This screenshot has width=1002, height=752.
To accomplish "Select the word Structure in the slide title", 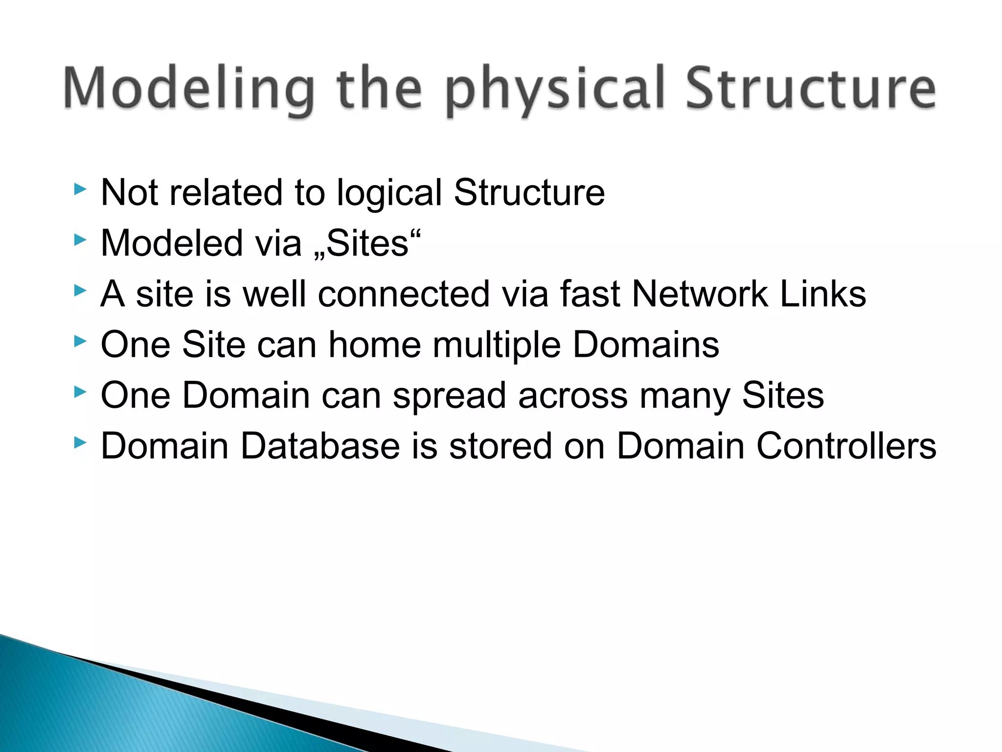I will pyautogui.click(x=810, y=89).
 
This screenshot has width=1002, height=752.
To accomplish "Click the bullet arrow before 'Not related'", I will pyautogui.click(x=80, y=189).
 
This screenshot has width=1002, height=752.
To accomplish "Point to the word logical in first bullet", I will pyautogui.click(x=389, y=193).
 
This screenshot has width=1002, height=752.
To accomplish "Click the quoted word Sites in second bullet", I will pyautogui.click(x=367, y=243).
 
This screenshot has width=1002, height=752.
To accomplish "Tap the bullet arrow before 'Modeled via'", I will pyautogui.click(x=80, y=239).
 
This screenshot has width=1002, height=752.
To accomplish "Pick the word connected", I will pyautogui.click(x=404, y=294).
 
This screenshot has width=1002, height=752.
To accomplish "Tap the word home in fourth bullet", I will pyautogui.click(x=374, y=345).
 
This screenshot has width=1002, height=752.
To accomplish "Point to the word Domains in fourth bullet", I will pyautogui.click(x=646, y=345).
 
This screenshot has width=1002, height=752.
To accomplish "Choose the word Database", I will pyautogui.click(x=320, y=446).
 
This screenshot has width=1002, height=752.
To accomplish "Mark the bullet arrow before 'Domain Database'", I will pyautogui.click(x=80, y=443).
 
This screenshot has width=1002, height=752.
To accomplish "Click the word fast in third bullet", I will pyautogui.click(x=590, y=294).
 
